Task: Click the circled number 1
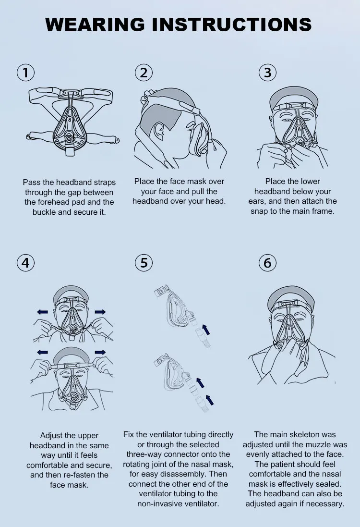25,72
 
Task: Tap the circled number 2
144,72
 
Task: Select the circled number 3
268,72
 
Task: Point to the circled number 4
25,262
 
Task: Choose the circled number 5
144,262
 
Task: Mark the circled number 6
268,262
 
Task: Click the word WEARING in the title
95,24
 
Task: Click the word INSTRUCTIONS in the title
232,24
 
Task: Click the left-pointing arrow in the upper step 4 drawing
42,312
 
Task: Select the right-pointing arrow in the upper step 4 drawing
100,312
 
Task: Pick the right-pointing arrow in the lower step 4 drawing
100,352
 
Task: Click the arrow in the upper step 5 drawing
205,330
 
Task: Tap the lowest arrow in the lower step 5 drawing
210,400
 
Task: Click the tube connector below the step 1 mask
70,150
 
